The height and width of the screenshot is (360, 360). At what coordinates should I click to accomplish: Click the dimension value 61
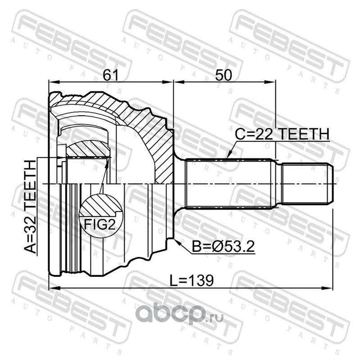click(110, 75)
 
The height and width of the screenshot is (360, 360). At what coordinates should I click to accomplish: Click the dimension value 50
click(223, 75)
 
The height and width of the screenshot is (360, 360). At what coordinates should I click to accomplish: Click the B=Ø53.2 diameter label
click(223, 247)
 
